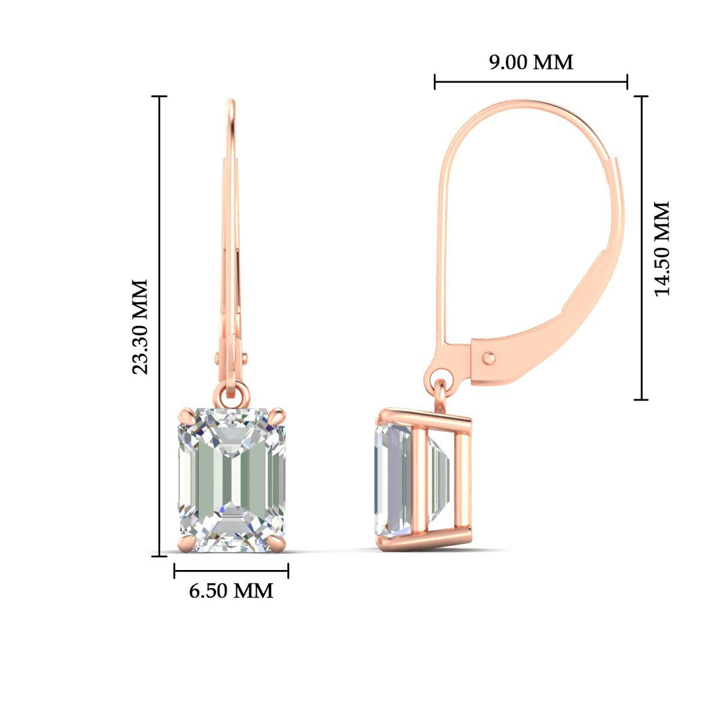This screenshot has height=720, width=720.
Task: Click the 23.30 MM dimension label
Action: tap(140, 327)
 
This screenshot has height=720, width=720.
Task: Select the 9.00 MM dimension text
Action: tap(531, 62)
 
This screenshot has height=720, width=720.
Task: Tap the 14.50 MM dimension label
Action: tap(661, 248)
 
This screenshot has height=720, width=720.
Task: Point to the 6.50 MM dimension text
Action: tap(231, 591)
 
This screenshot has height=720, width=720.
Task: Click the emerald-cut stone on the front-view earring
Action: tap(231, 480)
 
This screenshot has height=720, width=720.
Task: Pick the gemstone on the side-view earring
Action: tap(393, 480)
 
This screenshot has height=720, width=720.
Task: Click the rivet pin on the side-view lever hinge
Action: tap(489, 357)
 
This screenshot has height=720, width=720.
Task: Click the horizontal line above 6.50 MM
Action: tap(231, 571)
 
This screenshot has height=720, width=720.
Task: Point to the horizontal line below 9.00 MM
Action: tap(531, 82)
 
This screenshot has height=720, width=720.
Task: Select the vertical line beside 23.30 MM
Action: tap(159, 327)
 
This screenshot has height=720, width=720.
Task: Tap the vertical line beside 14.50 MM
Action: tap(641, 248)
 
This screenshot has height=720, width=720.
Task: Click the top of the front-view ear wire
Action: tap(231, 103)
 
